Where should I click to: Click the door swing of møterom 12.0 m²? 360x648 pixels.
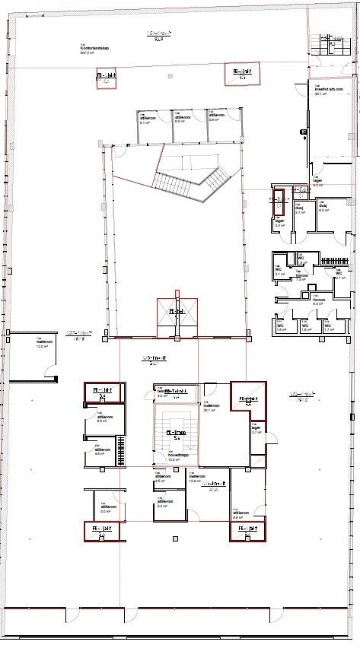(x=52, y=373)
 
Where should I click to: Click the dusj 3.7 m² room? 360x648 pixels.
(x=301, y=209)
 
